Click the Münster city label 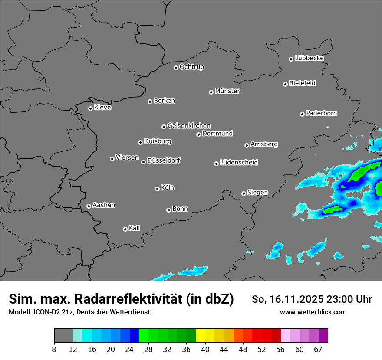(227, 91)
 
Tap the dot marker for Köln (157, 189)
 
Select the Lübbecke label (309, 58)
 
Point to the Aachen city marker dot (89, 206)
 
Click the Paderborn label (321, 113)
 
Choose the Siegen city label (257, 193)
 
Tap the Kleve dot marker (90, 108)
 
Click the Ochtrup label (191, 67)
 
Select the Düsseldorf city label (164, 160)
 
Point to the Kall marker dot (125, 229)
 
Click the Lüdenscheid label (239, 163)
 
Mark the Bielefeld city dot (285, 84)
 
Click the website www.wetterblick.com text (313, 312)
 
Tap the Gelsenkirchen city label (189, 126)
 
